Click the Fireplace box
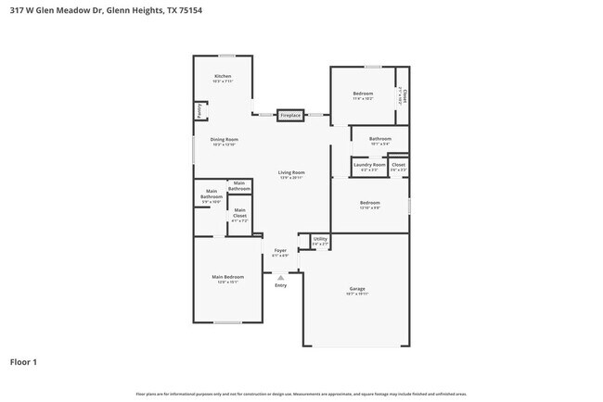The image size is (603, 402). [291, 115]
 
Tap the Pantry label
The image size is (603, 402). [199, 110]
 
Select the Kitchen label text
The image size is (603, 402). [223, 76]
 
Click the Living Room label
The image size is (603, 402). [291, 173]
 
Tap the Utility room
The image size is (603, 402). [320, 241]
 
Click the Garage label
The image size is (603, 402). [357, 290]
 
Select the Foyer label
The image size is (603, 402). [279, 251]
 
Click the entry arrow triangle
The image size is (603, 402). [280, 275]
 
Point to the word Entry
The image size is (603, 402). [280, 285]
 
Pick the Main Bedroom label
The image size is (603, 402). [227, 278]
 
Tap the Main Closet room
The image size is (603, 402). [240, 218]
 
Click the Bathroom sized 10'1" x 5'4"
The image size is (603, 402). [380, 141]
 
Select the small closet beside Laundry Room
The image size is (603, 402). [398, 167]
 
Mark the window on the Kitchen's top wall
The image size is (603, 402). [225, 56]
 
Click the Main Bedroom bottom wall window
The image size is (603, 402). [228, 321]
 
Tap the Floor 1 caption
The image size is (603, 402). [23, 362]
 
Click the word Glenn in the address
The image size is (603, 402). [117, 10]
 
